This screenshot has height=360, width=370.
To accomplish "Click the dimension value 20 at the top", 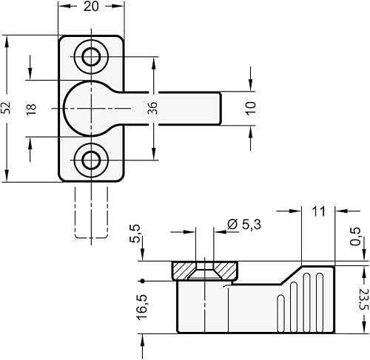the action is pyautogui.click(x=91, y=7).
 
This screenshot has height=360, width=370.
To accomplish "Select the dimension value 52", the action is pyautogui.click(x=7, y=108).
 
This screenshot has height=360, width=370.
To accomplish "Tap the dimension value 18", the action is pyautogui.click(x=31, y=109).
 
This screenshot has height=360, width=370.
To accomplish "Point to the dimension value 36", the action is pyautogui.click(x=152, y=108).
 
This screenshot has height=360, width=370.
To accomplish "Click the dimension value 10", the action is pyautogui.click(x=251, y=109).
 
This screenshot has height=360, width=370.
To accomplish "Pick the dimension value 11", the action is pyautogui.click(x=318, y=211).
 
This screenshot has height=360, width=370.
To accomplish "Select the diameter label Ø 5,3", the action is pyautogui.click(x=243, y=225).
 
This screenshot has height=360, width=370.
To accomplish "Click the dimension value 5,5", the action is pyautogui.click(x=135, y=234).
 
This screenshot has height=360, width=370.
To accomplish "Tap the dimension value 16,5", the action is pyautogui.click(x=142, y=308).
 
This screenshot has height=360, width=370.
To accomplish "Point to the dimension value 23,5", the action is pyautogui.click(x=363, y=300).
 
